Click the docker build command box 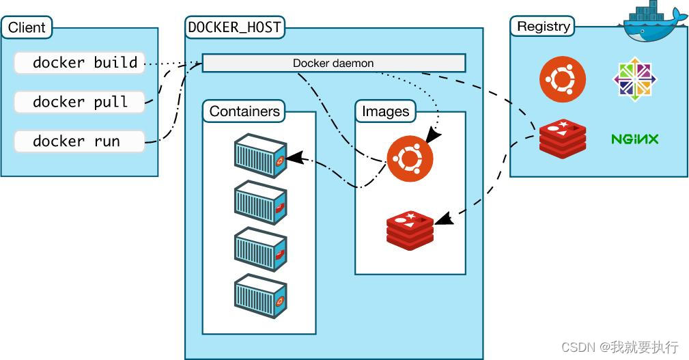tap(79, 63)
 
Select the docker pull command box tap(79, 102)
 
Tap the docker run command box tap(79, 141)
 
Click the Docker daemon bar tap(333, 64)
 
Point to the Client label tap(27, 28)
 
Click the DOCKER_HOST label tap(235, 28)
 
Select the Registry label tap(543, 27)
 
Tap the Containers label tap(244, 111)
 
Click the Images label tap(385, 111)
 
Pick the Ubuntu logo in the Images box tap(410, 157)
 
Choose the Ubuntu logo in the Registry tap(563, 79)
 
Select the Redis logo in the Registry tap(563, 139)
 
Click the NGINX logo tap(634, 139)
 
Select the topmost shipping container tap(259, 156)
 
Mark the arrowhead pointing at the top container tap(293, 158)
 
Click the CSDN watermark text tap(619, 347)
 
